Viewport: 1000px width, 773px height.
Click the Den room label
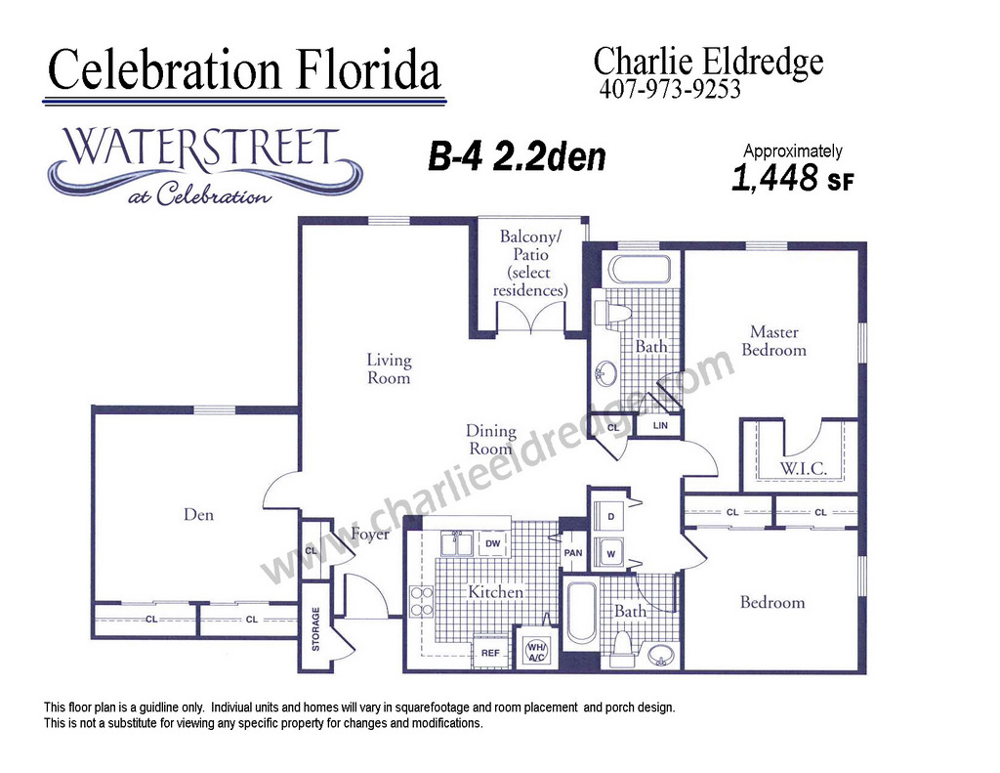point(198,514)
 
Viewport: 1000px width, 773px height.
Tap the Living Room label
point(389,369)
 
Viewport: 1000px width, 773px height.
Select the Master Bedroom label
point(773,341)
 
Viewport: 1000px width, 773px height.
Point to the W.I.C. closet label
point(803,468)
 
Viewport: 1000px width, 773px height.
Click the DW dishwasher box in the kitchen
point(493,544)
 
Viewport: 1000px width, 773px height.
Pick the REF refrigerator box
point(490,653)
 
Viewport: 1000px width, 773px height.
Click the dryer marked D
point(610,516)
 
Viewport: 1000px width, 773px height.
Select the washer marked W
point(610,553)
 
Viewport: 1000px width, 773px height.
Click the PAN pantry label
point(572,553)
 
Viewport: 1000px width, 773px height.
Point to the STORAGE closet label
point(315,628)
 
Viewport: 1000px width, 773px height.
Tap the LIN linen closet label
point(660,425)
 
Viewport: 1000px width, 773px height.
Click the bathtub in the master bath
point(639,269)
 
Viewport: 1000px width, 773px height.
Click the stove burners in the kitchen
point(422,602)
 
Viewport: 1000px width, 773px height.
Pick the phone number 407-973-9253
point(670,89)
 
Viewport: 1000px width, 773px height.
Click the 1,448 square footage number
point(774,178)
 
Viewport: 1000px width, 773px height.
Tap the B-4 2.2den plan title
point(517,157)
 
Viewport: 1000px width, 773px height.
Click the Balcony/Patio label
point(530,263)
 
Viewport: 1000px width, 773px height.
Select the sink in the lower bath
point(661,656)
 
